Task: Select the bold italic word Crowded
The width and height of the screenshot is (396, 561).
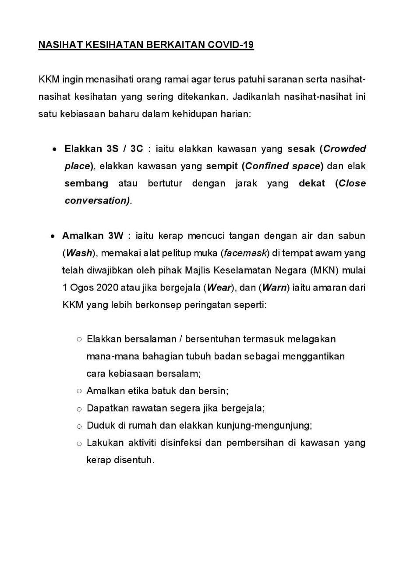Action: pos(344,149)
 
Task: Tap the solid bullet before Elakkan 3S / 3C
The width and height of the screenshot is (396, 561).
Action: pos(54,149)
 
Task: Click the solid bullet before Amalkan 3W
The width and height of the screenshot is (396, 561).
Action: pos(52,236)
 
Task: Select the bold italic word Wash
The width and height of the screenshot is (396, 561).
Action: pos(79,253)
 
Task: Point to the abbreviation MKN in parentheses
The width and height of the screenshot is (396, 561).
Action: pos(323,270)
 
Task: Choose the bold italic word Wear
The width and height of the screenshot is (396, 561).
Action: pos(219,288)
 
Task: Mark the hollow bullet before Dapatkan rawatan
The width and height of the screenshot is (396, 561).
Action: pos(79,409)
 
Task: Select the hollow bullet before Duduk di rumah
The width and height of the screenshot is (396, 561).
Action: pos(79,426)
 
